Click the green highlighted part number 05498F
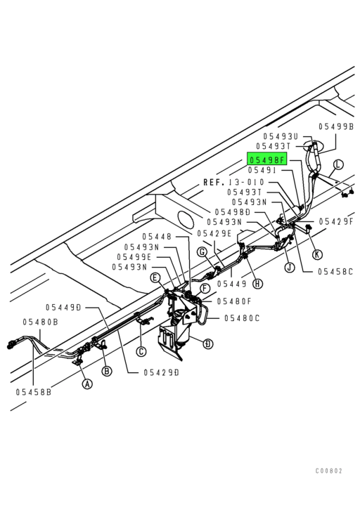coord(266,159)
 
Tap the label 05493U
coord(281,136)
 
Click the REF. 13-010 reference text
coord(234,181)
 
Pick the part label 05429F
coord(337,221)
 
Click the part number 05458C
coord(335,270)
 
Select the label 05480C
coord(243,318)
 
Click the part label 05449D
coord(64,307)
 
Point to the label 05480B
coord(39,322)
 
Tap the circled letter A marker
coord(86,384)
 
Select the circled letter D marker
coord(207,344)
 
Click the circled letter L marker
coord(338,165)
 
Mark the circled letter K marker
coord(317,254)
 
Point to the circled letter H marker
coord(258,283)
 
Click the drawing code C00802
coord(329,471)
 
